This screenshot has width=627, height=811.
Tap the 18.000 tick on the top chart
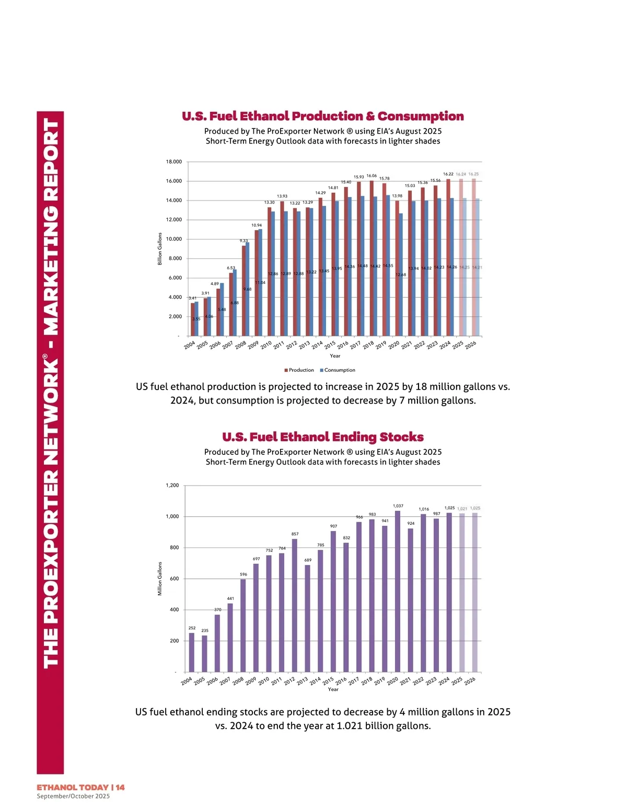(174, 162)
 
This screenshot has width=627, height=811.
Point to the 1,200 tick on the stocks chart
(172, 486)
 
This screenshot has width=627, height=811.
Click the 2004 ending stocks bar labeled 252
(192, 652)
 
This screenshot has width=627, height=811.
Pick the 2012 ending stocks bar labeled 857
(295, 605)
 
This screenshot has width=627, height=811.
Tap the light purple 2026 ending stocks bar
(475, 592)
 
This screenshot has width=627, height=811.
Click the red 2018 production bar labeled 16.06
(371, 258)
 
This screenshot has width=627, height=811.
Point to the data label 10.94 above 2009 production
(257, 225)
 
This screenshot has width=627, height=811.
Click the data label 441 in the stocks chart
(230, 598)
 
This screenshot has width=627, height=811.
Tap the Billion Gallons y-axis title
(160, 249)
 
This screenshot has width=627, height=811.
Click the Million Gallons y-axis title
(160, 579)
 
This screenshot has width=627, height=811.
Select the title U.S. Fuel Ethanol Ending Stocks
(323, 437)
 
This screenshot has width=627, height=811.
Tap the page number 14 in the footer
(120, 788)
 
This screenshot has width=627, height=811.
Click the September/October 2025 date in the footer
(73, 796)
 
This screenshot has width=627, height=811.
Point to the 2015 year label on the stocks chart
(328, 681)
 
